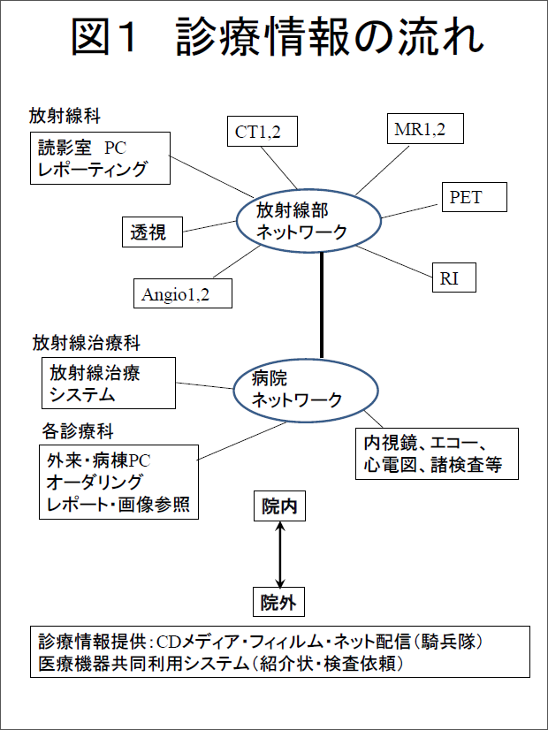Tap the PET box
[x=473, y=197]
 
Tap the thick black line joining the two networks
[x=322, y=304]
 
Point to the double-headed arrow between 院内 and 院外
[x=280, y=555]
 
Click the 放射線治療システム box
[x=108, y=384]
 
